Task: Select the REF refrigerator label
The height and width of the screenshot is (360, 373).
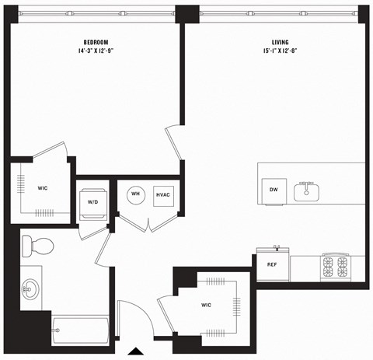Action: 272,264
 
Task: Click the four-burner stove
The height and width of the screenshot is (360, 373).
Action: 338,267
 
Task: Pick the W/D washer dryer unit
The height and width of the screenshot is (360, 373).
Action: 92,202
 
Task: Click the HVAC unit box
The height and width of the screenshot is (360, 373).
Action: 163,194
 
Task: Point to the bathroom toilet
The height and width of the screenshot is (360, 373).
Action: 37,246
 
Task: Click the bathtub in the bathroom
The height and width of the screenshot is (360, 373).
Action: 81,330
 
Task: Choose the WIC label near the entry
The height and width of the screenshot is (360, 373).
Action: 206,305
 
